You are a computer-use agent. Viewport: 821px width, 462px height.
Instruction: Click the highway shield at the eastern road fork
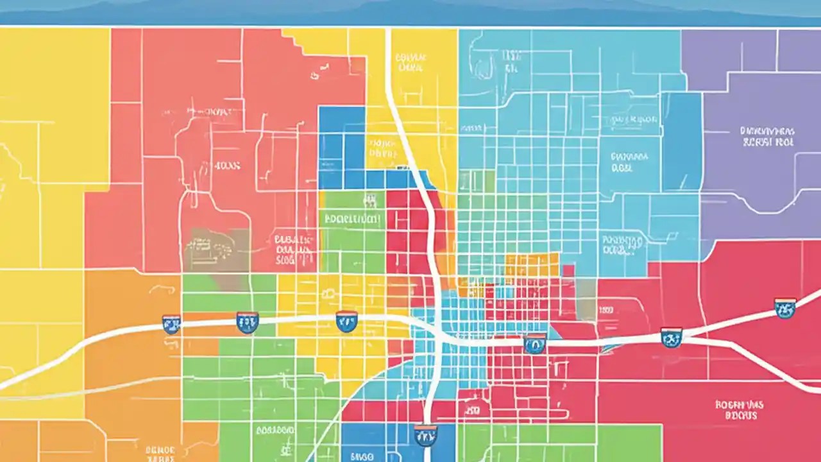671,337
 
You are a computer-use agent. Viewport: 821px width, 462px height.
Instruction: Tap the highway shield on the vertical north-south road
425,434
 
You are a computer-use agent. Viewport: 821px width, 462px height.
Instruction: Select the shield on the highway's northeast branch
784,308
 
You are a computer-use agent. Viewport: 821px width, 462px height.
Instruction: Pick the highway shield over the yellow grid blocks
346,321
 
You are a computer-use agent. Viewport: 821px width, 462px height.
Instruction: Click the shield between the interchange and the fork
534,344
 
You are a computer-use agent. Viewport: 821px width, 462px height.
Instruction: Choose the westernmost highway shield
171,324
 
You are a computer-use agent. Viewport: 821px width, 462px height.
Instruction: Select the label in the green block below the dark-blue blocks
351,218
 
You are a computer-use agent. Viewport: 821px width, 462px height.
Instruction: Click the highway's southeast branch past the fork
770,366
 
